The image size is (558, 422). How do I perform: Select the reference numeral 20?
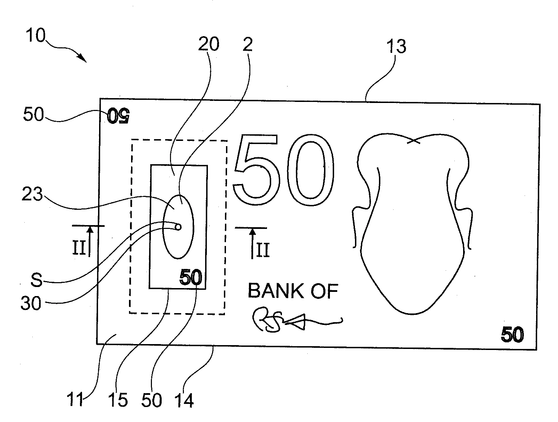[209, 44]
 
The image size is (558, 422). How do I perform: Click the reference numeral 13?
[396, 46]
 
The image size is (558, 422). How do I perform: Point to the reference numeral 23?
[32, 195]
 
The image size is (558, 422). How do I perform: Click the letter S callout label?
[36, 280]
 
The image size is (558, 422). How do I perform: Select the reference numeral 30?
[31, 303]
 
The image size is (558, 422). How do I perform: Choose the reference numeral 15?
[118, 400]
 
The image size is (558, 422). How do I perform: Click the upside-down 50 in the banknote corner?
[118, 116]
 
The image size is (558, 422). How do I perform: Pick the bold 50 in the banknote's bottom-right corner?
[512, 335]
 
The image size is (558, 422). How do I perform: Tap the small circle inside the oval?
[178, 228]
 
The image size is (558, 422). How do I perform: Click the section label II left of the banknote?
[79, 249]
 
